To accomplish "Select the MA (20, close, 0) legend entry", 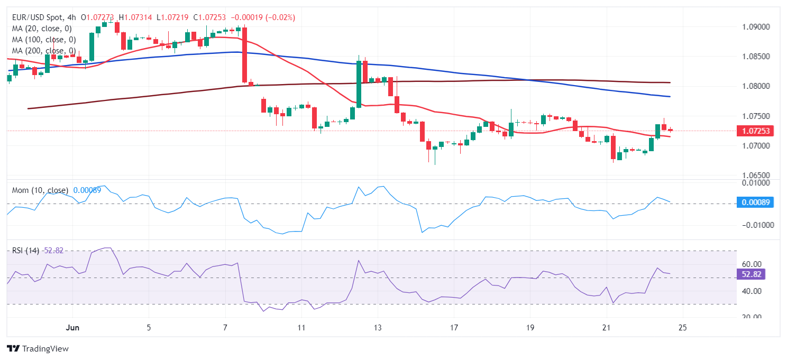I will tap(42, 29).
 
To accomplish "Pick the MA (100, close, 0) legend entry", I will tap(44, 40).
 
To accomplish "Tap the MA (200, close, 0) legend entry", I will tap(44, 51).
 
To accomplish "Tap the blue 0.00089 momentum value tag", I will tap(755, 202).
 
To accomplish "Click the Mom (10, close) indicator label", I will tap(40, 190).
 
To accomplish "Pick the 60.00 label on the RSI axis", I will tap(751, 264).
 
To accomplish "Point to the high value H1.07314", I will tap(135, 17).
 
